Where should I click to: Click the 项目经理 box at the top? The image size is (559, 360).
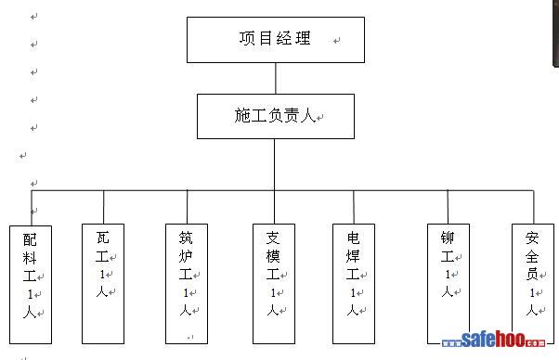point(276,40)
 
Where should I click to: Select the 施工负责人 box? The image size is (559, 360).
point(276,116)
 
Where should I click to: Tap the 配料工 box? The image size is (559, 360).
point(31,285)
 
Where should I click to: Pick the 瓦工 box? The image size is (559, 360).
point(103,284)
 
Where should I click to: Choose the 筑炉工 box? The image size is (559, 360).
point(187,284)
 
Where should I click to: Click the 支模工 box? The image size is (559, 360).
point(274,284)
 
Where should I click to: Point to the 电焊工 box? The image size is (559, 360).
point(354,284)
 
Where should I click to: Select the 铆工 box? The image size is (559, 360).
point(448,284)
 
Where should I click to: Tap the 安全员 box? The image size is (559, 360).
point(533,284)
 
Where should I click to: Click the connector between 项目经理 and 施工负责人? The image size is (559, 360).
point(276,78)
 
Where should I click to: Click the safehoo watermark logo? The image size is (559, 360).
point(493,340)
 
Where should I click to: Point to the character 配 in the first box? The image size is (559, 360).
point(30,239)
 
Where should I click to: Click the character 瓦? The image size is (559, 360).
point(103,238)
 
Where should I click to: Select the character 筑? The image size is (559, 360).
point(186,238)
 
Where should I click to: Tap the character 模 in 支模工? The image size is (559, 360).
point(273,256)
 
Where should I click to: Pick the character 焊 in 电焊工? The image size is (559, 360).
point(353,256)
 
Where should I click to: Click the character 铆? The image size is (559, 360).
point(448,238)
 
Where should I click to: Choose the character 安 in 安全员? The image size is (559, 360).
point(532,238)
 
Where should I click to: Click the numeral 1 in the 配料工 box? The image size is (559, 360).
point(31,294)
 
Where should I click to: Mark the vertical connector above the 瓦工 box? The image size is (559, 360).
point(104,207)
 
